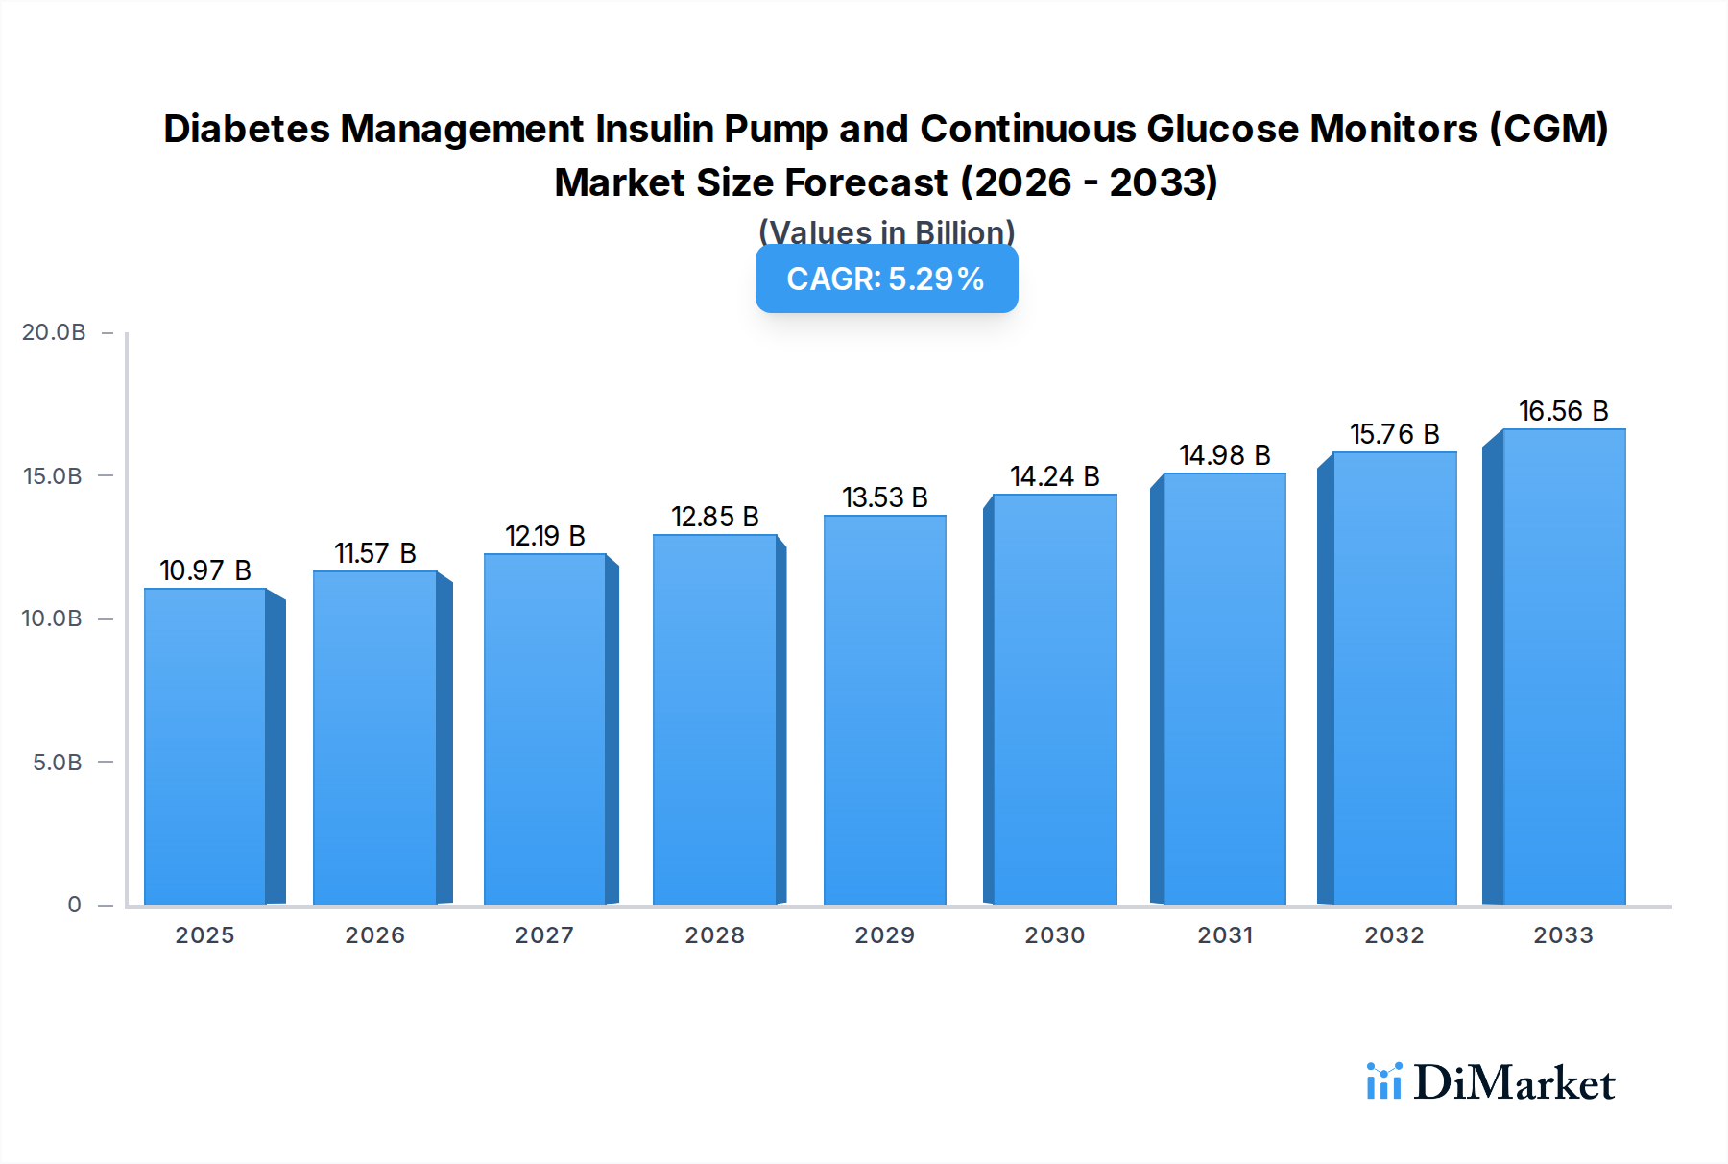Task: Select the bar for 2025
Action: [x=205, y=746]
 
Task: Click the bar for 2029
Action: [x=884, y=710]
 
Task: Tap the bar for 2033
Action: [x=1564, y=667]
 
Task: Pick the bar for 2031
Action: [x=1224, y=689]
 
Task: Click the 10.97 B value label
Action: [x=205, y=570]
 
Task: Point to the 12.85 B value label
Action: [x=715, y=517]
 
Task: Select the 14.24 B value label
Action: [x=1054, y=476]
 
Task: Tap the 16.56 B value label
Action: [x=1563, y=411]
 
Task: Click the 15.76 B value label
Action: [x=1394, y=434]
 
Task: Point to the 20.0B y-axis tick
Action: [x=54, y=332]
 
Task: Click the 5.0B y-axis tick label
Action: [x=58, y=763]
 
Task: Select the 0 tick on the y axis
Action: [x=74, y=905]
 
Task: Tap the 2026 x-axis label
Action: [x=374, y=935]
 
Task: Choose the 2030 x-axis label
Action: [x=1054, y=935]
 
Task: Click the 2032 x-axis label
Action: [x=1394, y=935]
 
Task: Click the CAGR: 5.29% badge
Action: [x=886, y=279]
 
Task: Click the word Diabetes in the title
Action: [x=247, y=129]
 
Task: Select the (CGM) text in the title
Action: [x=1548, y=129]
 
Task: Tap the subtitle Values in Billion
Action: [x=886, y=232]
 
